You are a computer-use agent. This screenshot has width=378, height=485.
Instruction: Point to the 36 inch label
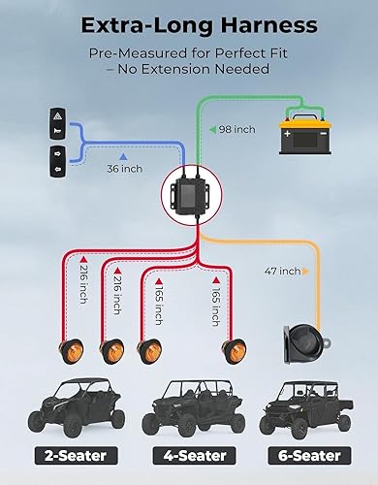[123, 168]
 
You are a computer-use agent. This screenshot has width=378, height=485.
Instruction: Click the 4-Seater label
[189, 455]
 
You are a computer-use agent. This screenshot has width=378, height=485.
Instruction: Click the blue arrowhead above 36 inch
[123, 155]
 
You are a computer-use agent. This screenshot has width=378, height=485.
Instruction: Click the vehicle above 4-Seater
[189, 406]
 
